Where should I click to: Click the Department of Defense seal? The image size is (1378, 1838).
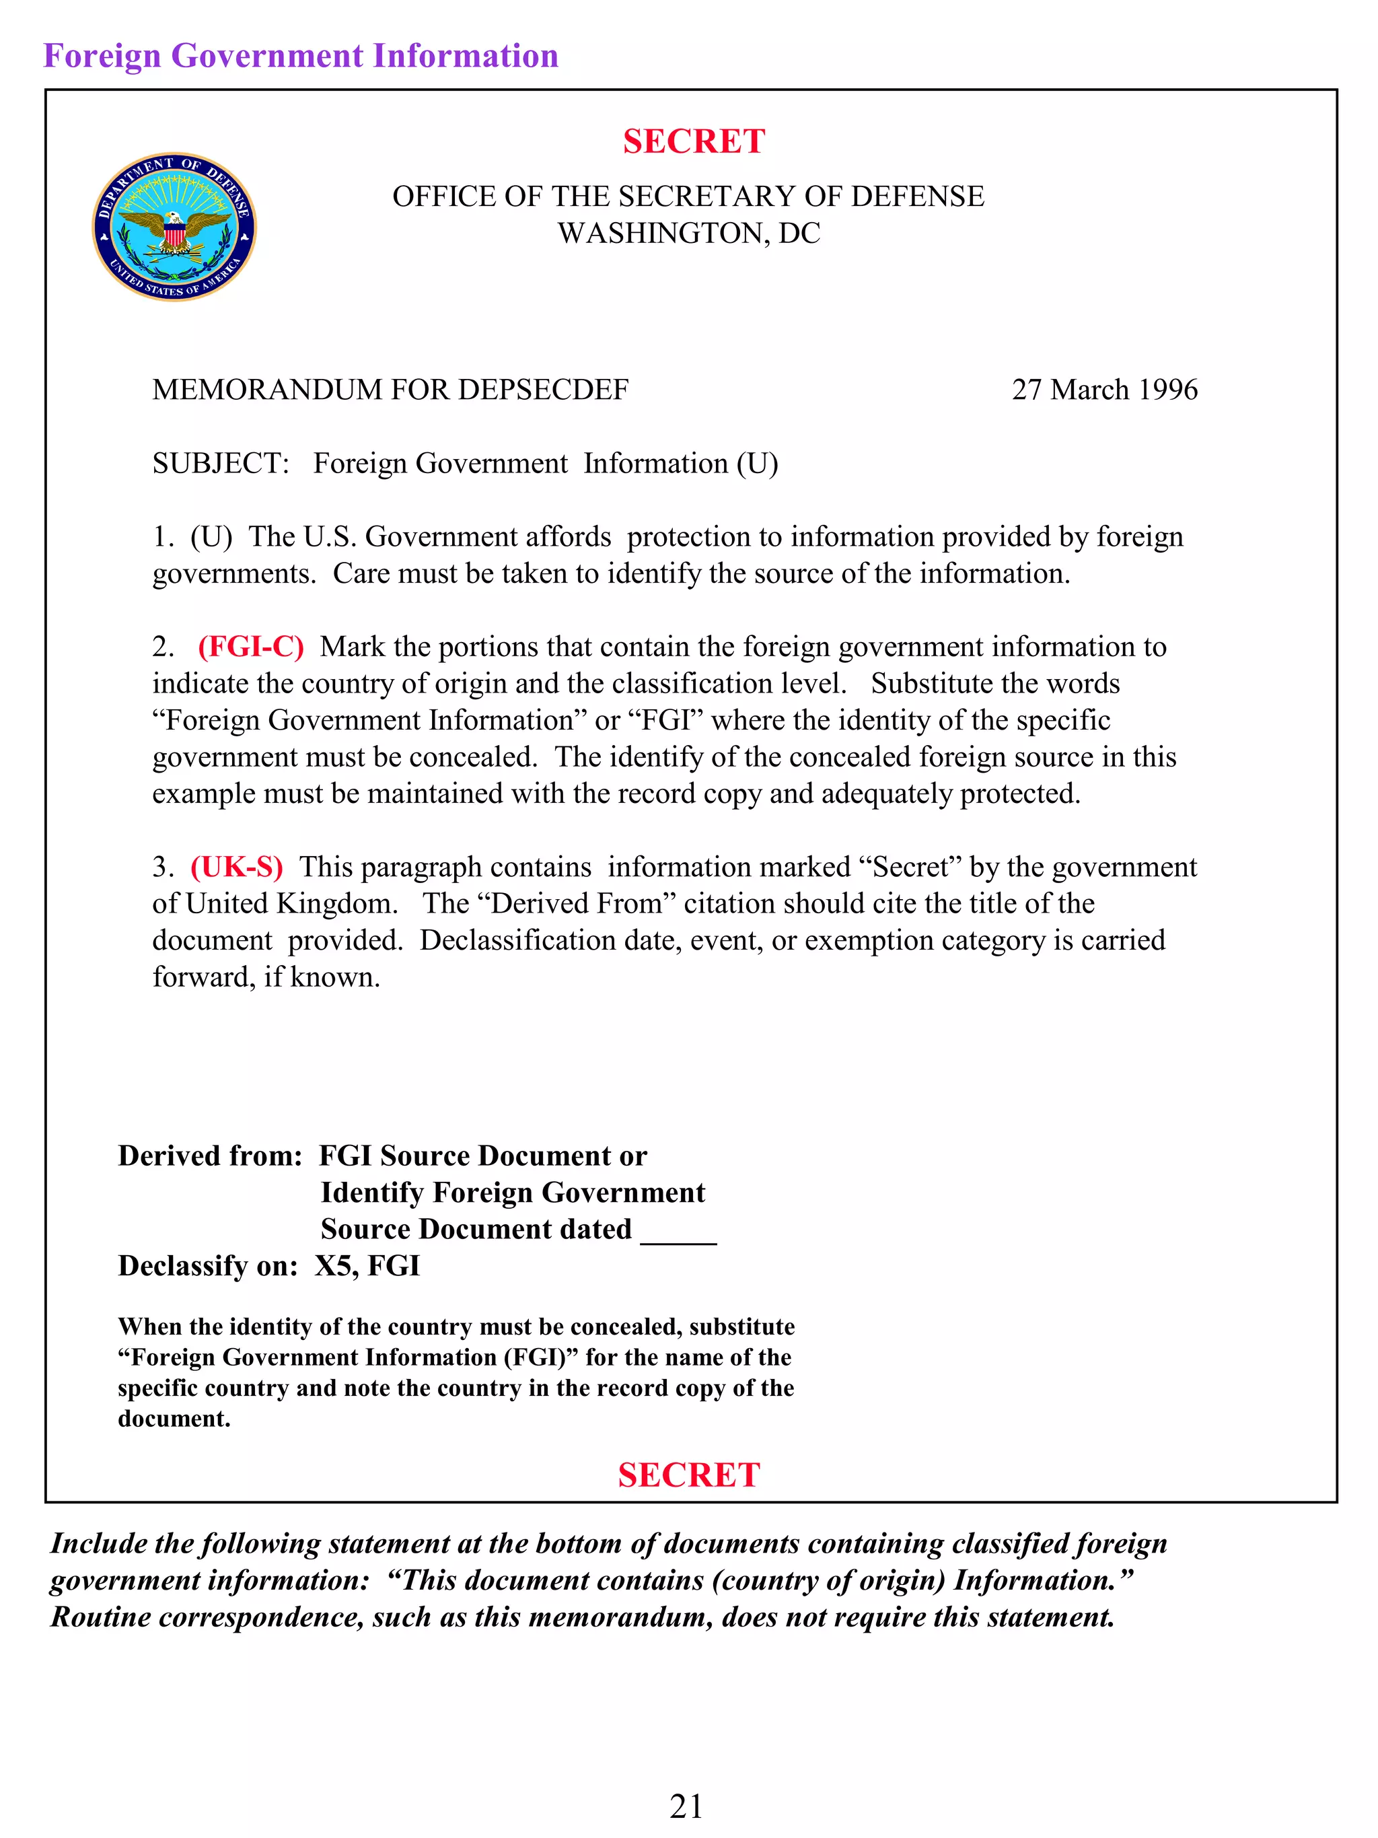coord(174,227)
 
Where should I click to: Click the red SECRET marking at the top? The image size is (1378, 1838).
coord(694,141)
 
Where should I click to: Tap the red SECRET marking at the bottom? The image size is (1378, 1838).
coord(688,1475)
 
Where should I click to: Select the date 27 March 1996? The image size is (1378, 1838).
coord(1104,390)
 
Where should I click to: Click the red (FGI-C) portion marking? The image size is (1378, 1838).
coord(251,647)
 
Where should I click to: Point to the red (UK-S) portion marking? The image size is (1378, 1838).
coord(237,867)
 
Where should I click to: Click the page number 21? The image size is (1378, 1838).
coord(686,1806)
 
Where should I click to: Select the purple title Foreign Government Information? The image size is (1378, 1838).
coord(301,56)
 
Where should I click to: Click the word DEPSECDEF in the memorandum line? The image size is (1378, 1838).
coord(543,390)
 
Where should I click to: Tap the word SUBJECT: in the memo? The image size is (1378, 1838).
coord(220,463)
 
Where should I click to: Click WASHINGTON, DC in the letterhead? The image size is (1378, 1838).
coord(688,234)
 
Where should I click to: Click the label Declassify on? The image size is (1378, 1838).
coord(208,1265)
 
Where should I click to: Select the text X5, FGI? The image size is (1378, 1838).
coord(367,1265)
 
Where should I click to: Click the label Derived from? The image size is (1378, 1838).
coord(210,1156)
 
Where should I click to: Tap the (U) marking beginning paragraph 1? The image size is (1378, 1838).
coord(211,537)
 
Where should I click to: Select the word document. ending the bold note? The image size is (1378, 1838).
coord(174,1419)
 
